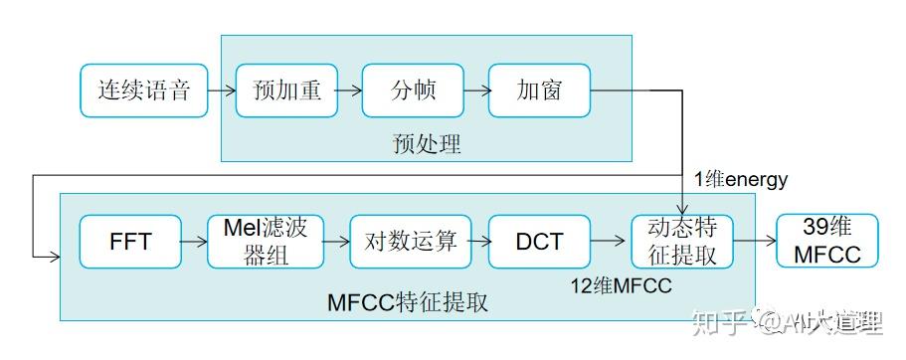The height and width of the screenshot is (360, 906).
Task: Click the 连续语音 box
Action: pyautogui.click(x=143, y=90)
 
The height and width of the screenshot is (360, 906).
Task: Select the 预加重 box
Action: pyautogui.click(x=286, y=90)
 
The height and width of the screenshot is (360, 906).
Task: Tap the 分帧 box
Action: pyautogui.click(x=413, y=90)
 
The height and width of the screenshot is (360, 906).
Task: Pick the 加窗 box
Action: pyautogui.click(x=539, y=90)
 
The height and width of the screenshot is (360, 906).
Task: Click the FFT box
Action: pyautogui.click(x=130, y=241)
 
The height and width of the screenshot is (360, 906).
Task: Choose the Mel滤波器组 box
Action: pyautogui.click(x=266, y=241)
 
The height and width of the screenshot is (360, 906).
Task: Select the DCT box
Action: pyautogui.click(x=539, y=241)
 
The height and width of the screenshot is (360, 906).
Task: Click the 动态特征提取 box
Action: pyautogui.click(x=682, y=241)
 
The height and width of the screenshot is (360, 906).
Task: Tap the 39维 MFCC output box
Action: pyautogui.click(x=827, y=241)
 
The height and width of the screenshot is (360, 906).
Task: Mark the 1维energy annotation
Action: pyautogui.click(x=741, y=180)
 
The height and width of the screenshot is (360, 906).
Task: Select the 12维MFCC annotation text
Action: pyautogui.click(x=621, y=286)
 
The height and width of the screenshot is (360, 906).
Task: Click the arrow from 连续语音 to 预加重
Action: pyautogui.click(x=221, y=90)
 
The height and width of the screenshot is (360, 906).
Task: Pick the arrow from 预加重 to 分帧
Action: pyautogui.click(x=350, y=90)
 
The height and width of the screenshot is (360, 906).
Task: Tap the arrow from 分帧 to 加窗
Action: pyautogui.click(x=476, y=90)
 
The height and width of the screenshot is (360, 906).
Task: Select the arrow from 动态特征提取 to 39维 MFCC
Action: pyautogui.click(x=755, y=241)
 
